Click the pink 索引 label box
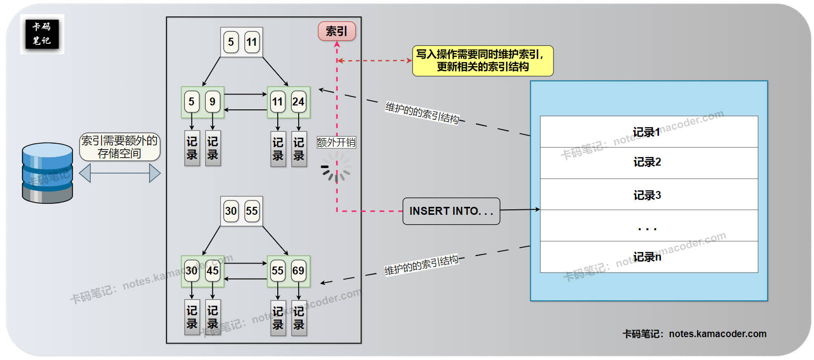(x=336, y=31)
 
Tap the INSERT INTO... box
(x=451, y=211)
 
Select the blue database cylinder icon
(x=47, y=173)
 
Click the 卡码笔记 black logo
(x=42, y=34)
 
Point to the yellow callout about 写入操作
(x=483, y=61)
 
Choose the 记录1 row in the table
(x=649, y=132)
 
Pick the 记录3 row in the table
(x=649, y=195)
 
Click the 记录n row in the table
(x=649, y=257)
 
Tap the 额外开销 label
(x=336, y=143)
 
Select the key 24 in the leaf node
(x=298, y=102)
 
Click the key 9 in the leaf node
(x=212, y=102)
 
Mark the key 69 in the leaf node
(x=298, y=271)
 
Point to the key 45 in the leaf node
(x=212, y=271)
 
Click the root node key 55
(x=251, y=211)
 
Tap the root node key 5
(x=231, y=42)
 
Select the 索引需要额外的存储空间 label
(x=120, y=147)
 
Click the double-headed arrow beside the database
(x=120, y=174)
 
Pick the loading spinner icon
(x=336, y=167)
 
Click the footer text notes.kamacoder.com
(x=694, y=334)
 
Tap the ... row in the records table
(x=649, y=226)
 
